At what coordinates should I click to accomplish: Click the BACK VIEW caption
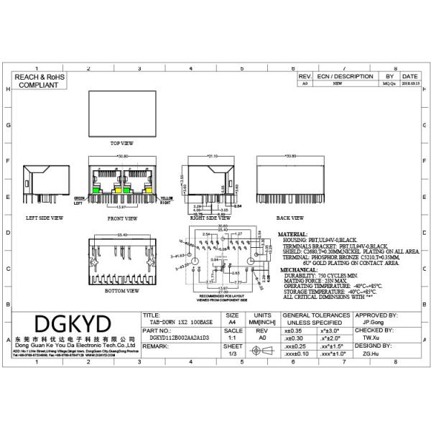point(289,217)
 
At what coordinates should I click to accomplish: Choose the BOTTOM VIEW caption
point(121,291)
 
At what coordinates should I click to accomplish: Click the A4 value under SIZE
point(232,323)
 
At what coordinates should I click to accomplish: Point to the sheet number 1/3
point(232,353)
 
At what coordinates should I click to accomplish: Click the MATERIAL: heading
point(292,234)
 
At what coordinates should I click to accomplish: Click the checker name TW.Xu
point(371,337)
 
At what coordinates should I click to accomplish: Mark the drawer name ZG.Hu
point(371,353)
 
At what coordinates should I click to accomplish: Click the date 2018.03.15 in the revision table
point(410,83)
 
